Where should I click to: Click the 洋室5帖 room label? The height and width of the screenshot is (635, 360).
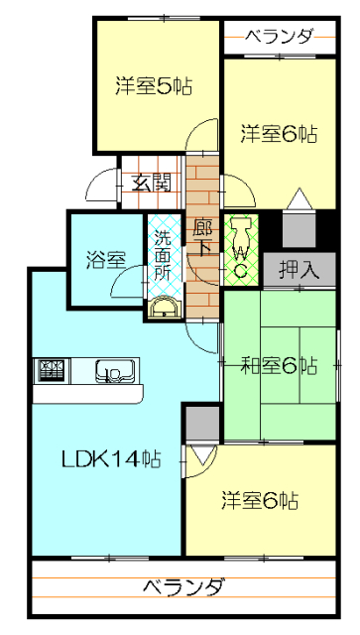tap(154, 86)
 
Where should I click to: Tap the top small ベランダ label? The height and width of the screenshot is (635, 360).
tap(280, 38)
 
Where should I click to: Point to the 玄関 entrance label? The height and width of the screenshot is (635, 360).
tap(150, 185)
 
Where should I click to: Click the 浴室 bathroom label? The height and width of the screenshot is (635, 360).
tap(105, 260)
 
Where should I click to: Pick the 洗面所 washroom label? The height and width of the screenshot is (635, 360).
tap(164, 256)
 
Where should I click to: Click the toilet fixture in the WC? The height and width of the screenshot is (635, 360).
tap(242, 234)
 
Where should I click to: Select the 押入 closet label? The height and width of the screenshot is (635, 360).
tap(300, 269)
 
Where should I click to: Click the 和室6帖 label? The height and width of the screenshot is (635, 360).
tap(280, 366)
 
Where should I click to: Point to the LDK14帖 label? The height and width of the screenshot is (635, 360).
tap(111, 458)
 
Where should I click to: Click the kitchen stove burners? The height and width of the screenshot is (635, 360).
tap(52, 371)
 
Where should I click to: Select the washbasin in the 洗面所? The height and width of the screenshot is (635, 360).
tap(164, 308)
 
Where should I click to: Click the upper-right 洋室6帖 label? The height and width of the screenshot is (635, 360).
tap(279, 134)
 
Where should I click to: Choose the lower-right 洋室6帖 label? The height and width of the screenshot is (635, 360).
tap(260, 500)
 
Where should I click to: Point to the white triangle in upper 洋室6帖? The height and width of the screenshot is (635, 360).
tap(300, 198)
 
